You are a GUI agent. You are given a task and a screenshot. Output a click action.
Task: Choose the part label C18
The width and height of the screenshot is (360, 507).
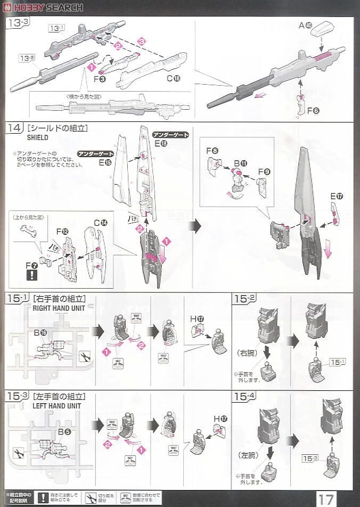173,78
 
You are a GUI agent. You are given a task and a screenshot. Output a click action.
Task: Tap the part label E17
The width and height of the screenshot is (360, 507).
337,196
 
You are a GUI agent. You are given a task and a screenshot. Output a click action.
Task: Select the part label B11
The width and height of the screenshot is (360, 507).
240,162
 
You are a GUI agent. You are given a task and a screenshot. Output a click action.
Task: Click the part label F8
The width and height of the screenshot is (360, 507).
212,151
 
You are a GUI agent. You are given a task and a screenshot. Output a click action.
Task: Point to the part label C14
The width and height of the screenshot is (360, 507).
100,223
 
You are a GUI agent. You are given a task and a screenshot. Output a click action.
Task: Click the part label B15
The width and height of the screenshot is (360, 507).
40,333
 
